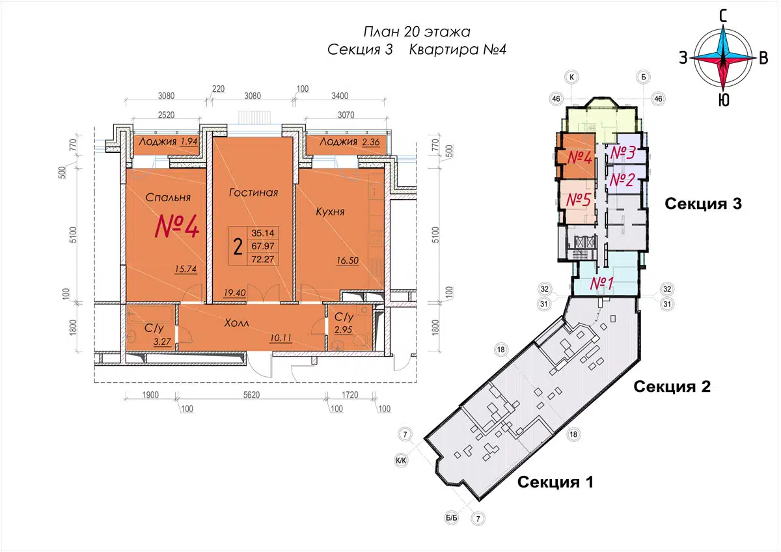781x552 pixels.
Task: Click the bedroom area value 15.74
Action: click(186, 269)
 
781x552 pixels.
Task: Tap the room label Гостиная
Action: click(253, 193)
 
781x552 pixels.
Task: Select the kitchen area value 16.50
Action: click(348, 260)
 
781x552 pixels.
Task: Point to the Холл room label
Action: click(236, 323)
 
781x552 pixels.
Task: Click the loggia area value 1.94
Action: click(189, 141)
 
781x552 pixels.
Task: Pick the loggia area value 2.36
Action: click(370, 142)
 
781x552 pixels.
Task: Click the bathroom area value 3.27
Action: click(162, 341)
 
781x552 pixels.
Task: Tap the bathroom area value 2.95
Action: click(344, 329)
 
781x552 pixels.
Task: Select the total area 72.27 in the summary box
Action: click(263, 259)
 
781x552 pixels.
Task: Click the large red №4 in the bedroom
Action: click(177, 227)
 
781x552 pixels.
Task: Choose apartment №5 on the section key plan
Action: click(579, 200)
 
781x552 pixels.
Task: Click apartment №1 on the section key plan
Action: click(602, 283)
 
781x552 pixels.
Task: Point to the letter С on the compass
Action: click(724, 16)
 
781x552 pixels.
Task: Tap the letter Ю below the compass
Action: click(724, 100)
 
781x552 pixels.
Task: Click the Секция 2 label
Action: click(672, 387)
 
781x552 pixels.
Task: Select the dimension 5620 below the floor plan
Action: click(251, 394)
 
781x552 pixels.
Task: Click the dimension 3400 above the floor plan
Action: click(340, 96)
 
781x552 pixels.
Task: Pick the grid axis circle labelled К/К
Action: click(401, 461)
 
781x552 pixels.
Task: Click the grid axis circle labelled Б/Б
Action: click(452, 518)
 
